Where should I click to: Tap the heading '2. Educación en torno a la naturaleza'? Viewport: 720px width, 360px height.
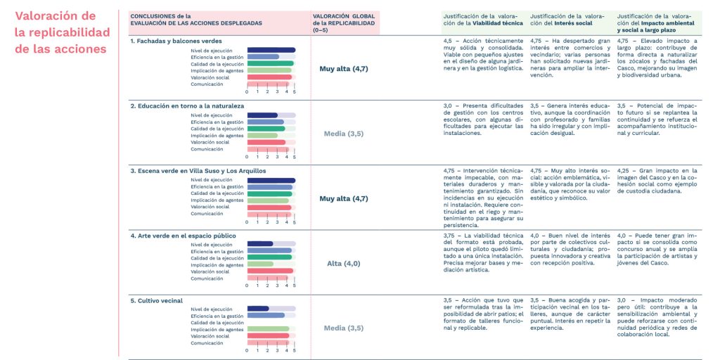coord(187,106)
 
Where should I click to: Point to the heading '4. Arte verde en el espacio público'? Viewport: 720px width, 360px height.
coord(183,236)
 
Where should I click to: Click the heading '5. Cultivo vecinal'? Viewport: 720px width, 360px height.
coord(156,301)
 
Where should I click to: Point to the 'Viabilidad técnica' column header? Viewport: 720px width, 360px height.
coord(482,19)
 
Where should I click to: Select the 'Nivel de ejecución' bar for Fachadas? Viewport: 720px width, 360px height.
coord(271,50)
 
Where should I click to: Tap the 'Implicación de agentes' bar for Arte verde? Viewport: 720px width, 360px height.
coord(260,264)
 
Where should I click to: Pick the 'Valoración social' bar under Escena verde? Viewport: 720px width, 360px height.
coord(269,207)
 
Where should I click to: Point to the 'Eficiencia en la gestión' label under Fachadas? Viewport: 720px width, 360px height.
coord(217,57)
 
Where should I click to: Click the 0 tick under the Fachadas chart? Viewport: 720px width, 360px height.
coord(247,92)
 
